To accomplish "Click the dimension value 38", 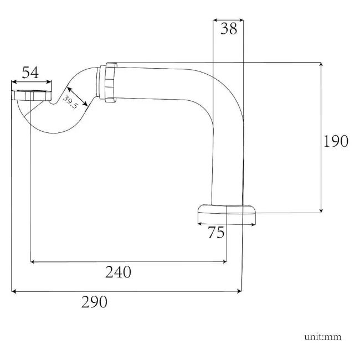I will [228, 29].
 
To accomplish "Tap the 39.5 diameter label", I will [69, 102].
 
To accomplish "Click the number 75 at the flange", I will [216, 233].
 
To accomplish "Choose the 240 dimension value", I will [118, 272].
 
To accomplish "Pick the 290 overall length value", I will [94, 302].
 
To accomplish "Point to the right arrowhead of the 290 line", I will [239, 290].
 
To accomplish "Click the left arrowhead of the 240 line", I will [33, 260].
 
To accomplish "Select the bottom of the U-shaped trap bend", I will [53, 131].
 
